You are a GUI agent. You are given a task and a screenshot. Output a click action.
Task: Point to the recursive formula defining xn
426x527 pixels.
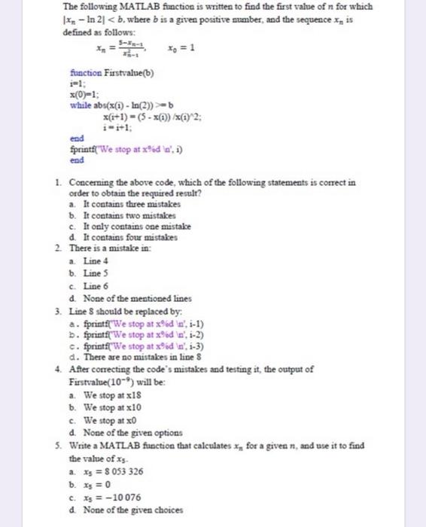tap(120, 49)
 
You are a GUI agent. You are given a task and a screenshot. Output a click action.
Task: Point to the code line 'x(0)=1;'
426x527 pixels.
tap(82, 95)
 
